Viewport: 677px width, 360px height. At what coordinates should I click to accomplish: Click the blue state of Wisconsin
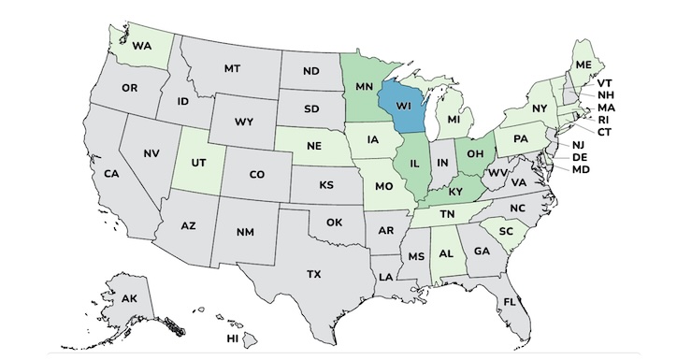403,107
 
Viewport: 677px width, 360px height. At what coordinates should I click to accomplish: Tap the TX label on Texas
314,274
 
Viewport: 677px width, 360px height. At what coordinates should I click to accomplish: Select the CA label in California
111,174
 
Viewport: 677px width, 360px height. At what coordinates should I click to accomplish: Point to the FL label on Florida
510,302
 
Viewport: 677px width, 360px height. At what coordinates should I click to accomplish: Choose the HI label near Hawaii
233,338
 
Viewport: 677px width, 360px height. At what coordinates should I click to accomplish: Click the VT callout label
605,82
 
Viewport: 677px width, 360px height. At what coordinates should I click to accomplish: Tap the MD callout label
580,169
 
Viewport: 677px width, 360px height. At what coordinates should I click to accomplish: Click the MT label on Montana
232,68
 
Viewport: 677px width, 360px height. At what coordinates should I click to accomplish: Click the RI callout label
604,120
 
